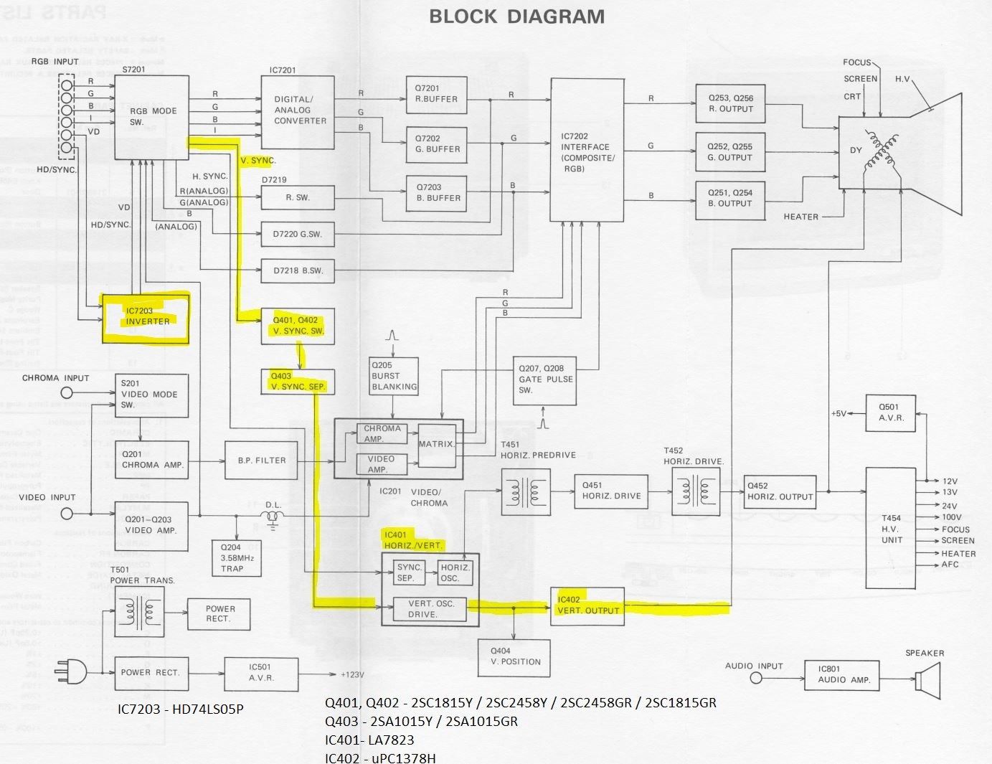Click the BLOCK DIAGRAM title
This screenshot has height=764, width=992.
click(516, 16)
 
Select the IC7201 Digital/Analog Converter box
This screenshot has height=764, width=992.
click(297, 112)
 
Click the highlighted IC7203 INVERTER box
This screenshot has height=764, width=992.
click(146, 319)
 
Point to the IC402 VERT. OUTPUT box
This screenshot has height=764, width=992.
click(587, 606)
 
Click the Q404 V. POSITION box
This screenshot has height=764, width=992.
click(515, 657)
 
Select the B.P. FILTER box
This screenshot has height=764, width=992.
click(261, 461)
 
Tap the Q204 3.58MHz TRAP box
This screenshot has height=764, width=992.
click(232, 558)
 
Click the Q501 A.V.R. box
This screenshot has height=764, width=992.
click(891, 413)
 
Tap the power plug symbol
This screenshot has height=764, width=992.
click(72, 673)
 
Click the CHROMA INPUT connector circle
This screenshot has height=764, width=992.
click(67, 392)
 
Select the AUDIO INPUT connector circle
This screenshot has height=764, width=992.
click(755, 676)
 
